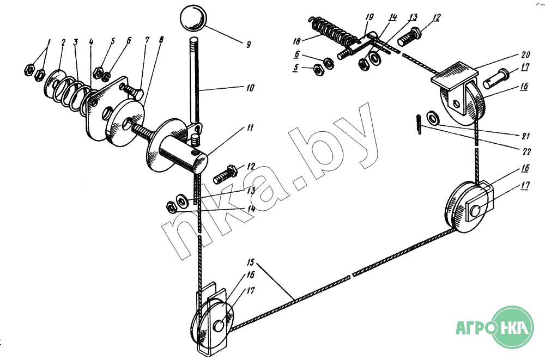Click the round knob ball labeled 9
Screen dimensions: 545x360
click(x=193, y=19)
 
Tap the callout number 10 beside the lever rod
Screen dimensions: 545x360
click(x=250, y=88)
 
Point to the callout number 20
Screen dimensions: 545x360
click(x=525, y=55)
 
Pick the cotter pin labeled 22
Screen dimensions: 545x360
click(x=419, y=124)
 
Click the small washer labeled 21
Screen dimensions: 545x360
click(x=432, y=118)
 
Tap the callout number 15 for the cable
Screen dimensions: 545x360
click(x=251, y=262)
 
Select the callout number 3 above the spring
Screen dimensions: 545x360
click(x=75, y=42)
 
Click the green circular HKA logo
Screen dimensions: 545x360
click(x=513, y=327)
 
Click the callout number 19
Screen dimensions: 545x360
click(x=370, y=17)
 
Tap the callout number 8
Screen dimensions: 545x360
click(x=161, y=40)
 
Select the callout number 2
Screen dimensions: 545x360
click(x=63, y=42)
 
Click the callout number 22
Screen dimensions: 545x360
click(x=527, y=152)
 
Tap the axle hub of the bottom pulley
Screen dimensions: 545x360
click(x=219, y=326)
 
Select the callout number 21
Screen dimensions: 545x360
click(x=525, y=136)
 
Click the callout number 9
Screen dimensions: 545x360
click(x=248, y=45)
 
